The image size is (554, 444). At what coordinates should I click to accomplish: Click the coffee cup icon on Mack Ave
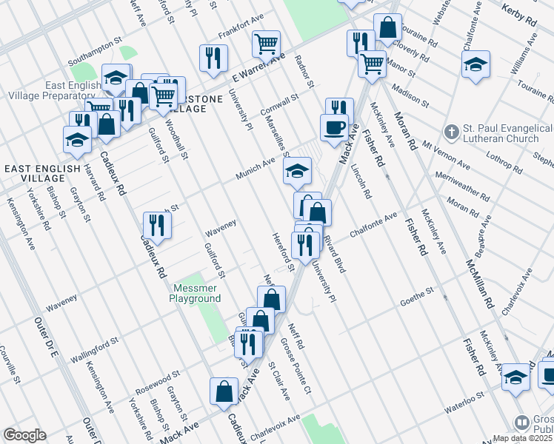334,127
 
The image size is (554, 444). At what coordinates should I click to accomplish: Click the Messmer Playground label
197,293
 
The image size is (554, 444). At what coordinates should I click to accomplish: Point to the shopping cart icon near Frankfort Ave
266,44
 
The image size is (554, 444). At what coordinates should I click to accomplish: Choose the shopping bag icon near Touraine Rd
387,28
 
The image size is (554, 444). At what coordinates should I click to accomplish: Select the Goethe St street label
417,294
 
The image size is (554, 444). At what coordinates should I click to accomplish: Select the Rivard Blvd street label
335,255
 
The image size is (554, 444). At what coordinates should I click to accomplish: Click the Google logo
24,435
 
